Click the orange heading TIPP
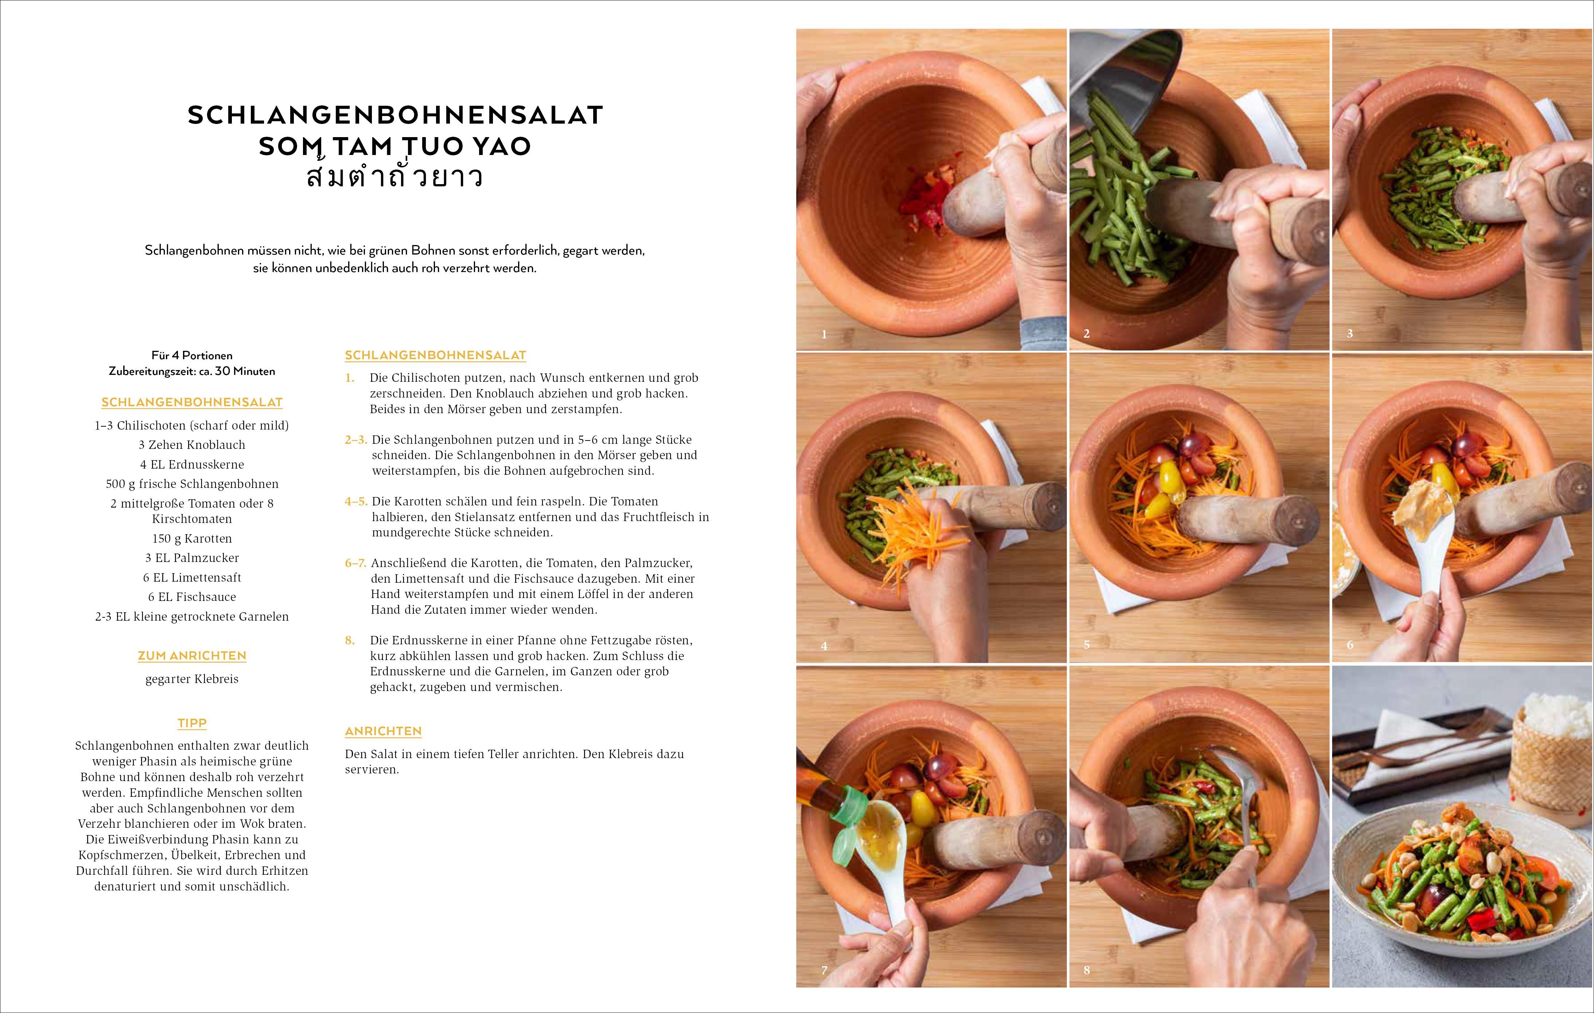[192, 723]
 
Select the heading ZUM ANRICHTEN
[192, 656]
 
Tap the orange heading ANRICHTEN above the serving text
[383, 731]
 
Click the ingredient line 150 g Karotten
[192, 538]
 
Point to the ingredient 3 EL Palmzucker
[192, 558]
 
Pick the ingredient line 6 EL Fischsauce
[192, 597]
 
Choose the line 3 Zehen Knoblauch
[192, 445]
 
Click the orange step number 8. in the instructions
[350, 640]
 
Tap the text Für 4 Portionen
[192, 356]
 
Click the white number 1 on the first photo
[824, 334]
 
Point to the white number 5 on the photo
[1086, 644]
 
